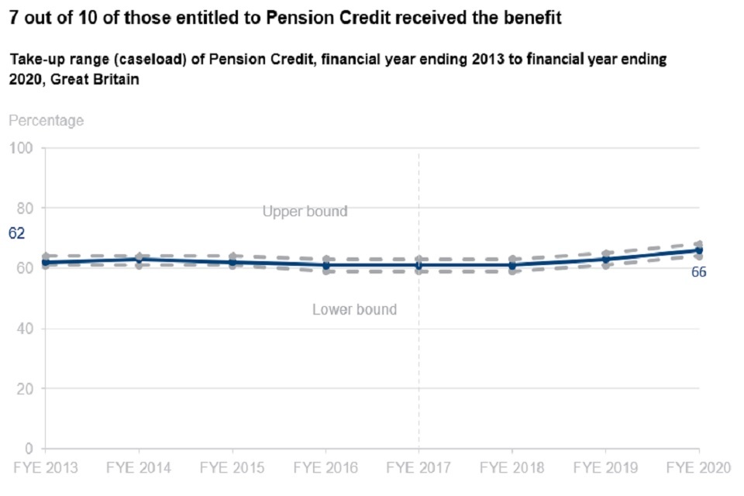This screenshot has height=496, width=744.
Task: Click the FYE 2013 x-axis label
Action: (44, 468)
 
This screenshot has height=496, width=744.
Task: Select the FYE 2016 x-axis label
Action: (325, 468)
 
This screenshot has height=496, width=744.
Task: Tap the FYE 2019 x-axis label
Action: (605, 468)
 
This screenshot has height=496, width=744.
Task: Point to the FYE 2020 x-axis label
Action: (698, 468)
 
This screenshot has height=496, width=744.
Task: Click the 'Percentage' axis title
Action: (46, 121)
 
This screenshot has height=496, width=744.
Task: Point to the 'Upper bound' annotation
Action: (305, 212)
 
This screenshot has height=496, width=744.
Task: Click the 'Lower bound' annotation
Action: (354, 309)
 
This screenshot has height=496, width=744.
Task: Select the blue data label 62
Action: (17, 232)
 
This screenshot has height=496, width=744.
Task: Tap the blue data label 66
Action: (698, 272)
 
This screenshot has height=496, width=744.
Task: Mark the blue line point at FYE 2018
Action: (512, 265)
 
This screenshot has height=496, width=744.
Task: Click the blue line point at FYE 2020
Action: (699, 250)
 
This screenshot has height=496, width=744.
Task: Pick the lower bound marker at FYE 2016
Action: (325, 271)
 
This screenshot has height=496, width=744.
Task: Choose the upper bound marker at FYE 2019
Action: (605, 253)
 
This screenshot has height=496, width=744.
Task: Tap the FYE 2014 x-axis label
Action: (138, 468)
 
